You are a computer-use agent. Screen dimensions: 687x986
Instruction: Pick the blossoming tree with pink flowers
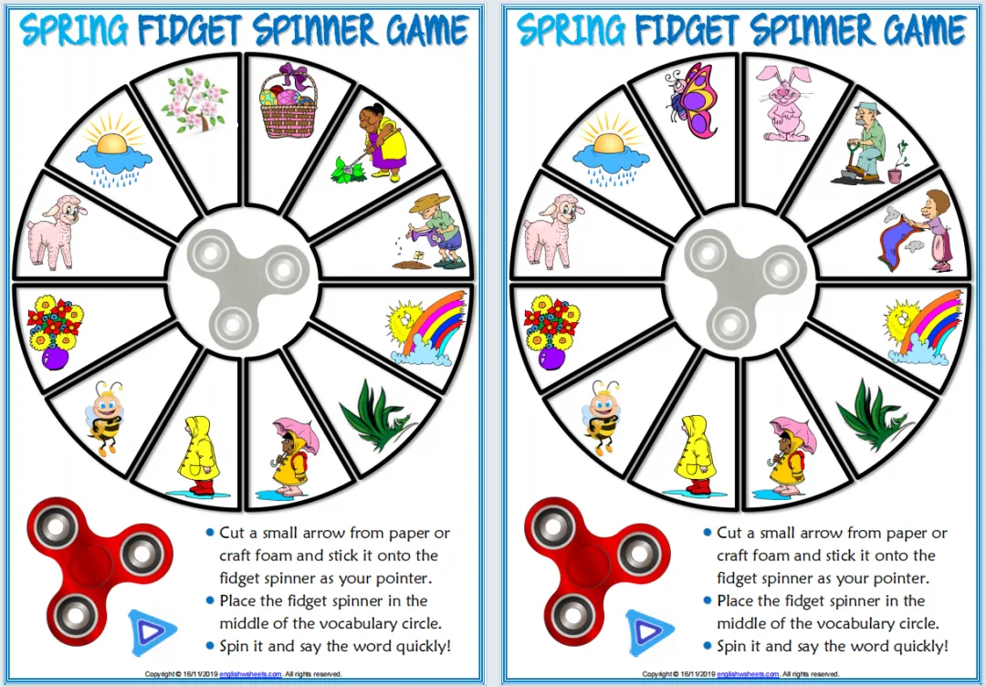[194, 101]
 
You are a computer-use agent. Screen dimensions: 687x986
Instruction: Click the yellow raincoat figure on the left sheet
[200, 455]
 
